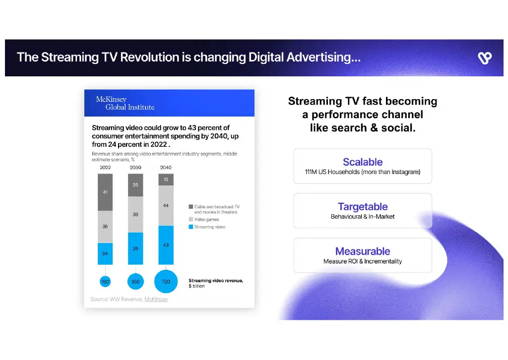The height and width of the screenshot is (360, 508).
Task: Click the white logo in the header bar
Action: [484, 58]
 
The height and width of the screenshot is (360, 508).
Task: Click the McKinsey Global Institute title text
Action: [125, 103]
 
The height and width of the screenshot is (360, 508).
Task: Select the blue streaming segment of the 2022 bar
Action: [105, 253]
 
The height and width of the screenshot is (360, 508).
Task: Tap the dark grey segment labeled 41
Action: [105, 192]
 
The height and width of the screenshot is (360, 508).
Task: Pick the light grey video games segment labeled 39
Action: [135, 214]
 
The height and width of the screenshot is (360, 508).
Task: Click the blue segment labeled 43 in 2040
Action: [166, 245]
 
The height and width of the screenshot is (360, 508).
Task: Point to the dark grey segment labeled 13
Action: [166, 180]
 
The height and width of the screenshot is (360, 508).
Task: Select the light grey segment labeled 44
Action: [166, 205]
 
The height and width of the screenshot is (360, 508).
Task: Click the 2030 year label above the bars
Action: [135, 168]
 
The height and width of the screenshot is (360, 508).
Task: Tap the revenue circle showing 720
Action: [166, 281]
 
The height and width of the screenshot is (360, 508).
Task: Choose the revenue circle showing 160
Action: [105, 281]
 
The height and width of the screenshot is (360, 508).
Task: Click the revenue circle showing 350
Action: [135, 281]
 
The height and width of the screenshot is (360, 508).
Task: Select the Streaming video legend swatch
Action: [190, 227]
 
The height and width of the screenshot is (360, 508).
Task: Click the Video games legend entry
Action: [206, 220]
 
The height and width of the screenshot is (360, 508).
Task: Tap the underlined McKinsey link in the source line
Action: [156, 299]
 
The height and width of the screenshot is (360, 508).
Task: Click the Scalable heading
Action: [363, 162]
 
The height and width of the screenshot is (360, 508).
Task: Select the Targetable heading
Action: [363, 207]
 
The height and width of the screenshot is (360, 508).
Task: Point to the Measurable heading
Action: [363, 251]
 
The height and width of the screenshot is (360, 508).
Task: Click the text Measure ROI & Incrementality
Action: [363, 261]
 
